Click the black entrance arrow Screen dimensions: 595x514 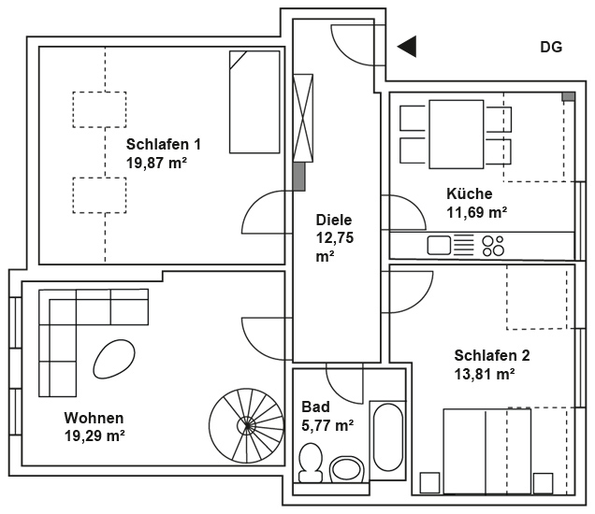point(409,47)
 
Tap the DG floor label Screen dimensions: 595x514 point(551,48)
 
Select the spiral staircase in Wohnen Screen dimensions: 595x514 point(247,425)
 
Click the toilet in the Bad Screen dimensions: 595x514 point(311,464)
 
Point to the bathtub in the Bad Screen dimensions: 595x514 point(388,437)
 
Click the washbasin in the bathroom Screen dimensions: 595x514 point(346,470)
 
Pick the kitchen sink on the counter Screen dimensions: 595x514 point(439,245)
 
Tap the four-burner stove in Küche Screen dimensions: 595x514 point(493,246)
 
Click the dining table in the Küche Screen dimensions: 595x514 point(457,135)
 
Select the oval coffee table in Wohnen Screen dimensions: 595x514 point(114,359)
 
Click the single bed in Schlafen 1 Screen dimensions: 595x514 point(254,102)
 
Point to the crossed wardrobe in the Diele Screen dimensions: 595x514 point(303,118)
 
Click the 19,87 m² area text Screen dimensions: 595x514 point(156,163)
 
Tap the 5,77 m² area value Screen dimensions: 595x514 point(327,425)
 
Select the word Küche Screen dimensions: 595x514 point(470,193)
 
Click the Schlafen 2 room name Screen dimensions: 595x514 point(492,355)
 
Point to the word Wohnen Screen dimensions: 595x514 point(94,418)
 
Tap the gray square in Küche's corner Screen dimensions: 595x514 point(568,96)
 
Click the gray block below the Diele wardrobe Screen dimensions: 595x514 point(299,177)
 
